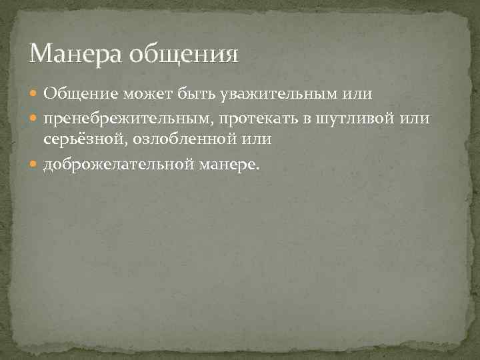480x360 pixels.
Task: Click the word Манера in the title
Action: tap(69, 52)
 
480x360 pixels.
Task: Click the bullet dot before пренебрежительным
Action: tap(36, 119)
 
